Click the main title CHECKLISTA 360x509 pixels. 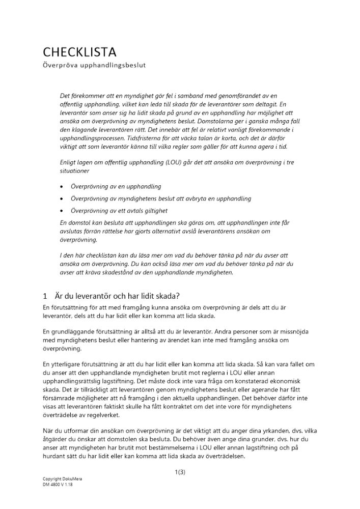click(80, 52)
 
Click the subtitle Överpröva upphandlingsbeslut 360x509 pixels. click(94, 66)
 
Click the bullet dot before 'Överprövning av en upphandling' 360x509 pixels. click(62, 187)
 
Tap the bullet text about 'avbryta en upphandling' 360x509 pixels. click(160, 199)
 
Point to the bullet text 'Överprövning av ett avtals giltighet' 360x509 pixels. click(119, 210)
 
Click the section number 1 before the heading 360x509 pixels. click(45, 296)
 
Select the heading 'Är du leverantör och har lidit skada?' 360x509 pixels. click(117, 296)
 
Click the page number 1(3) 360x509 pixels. click(180, 472)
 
